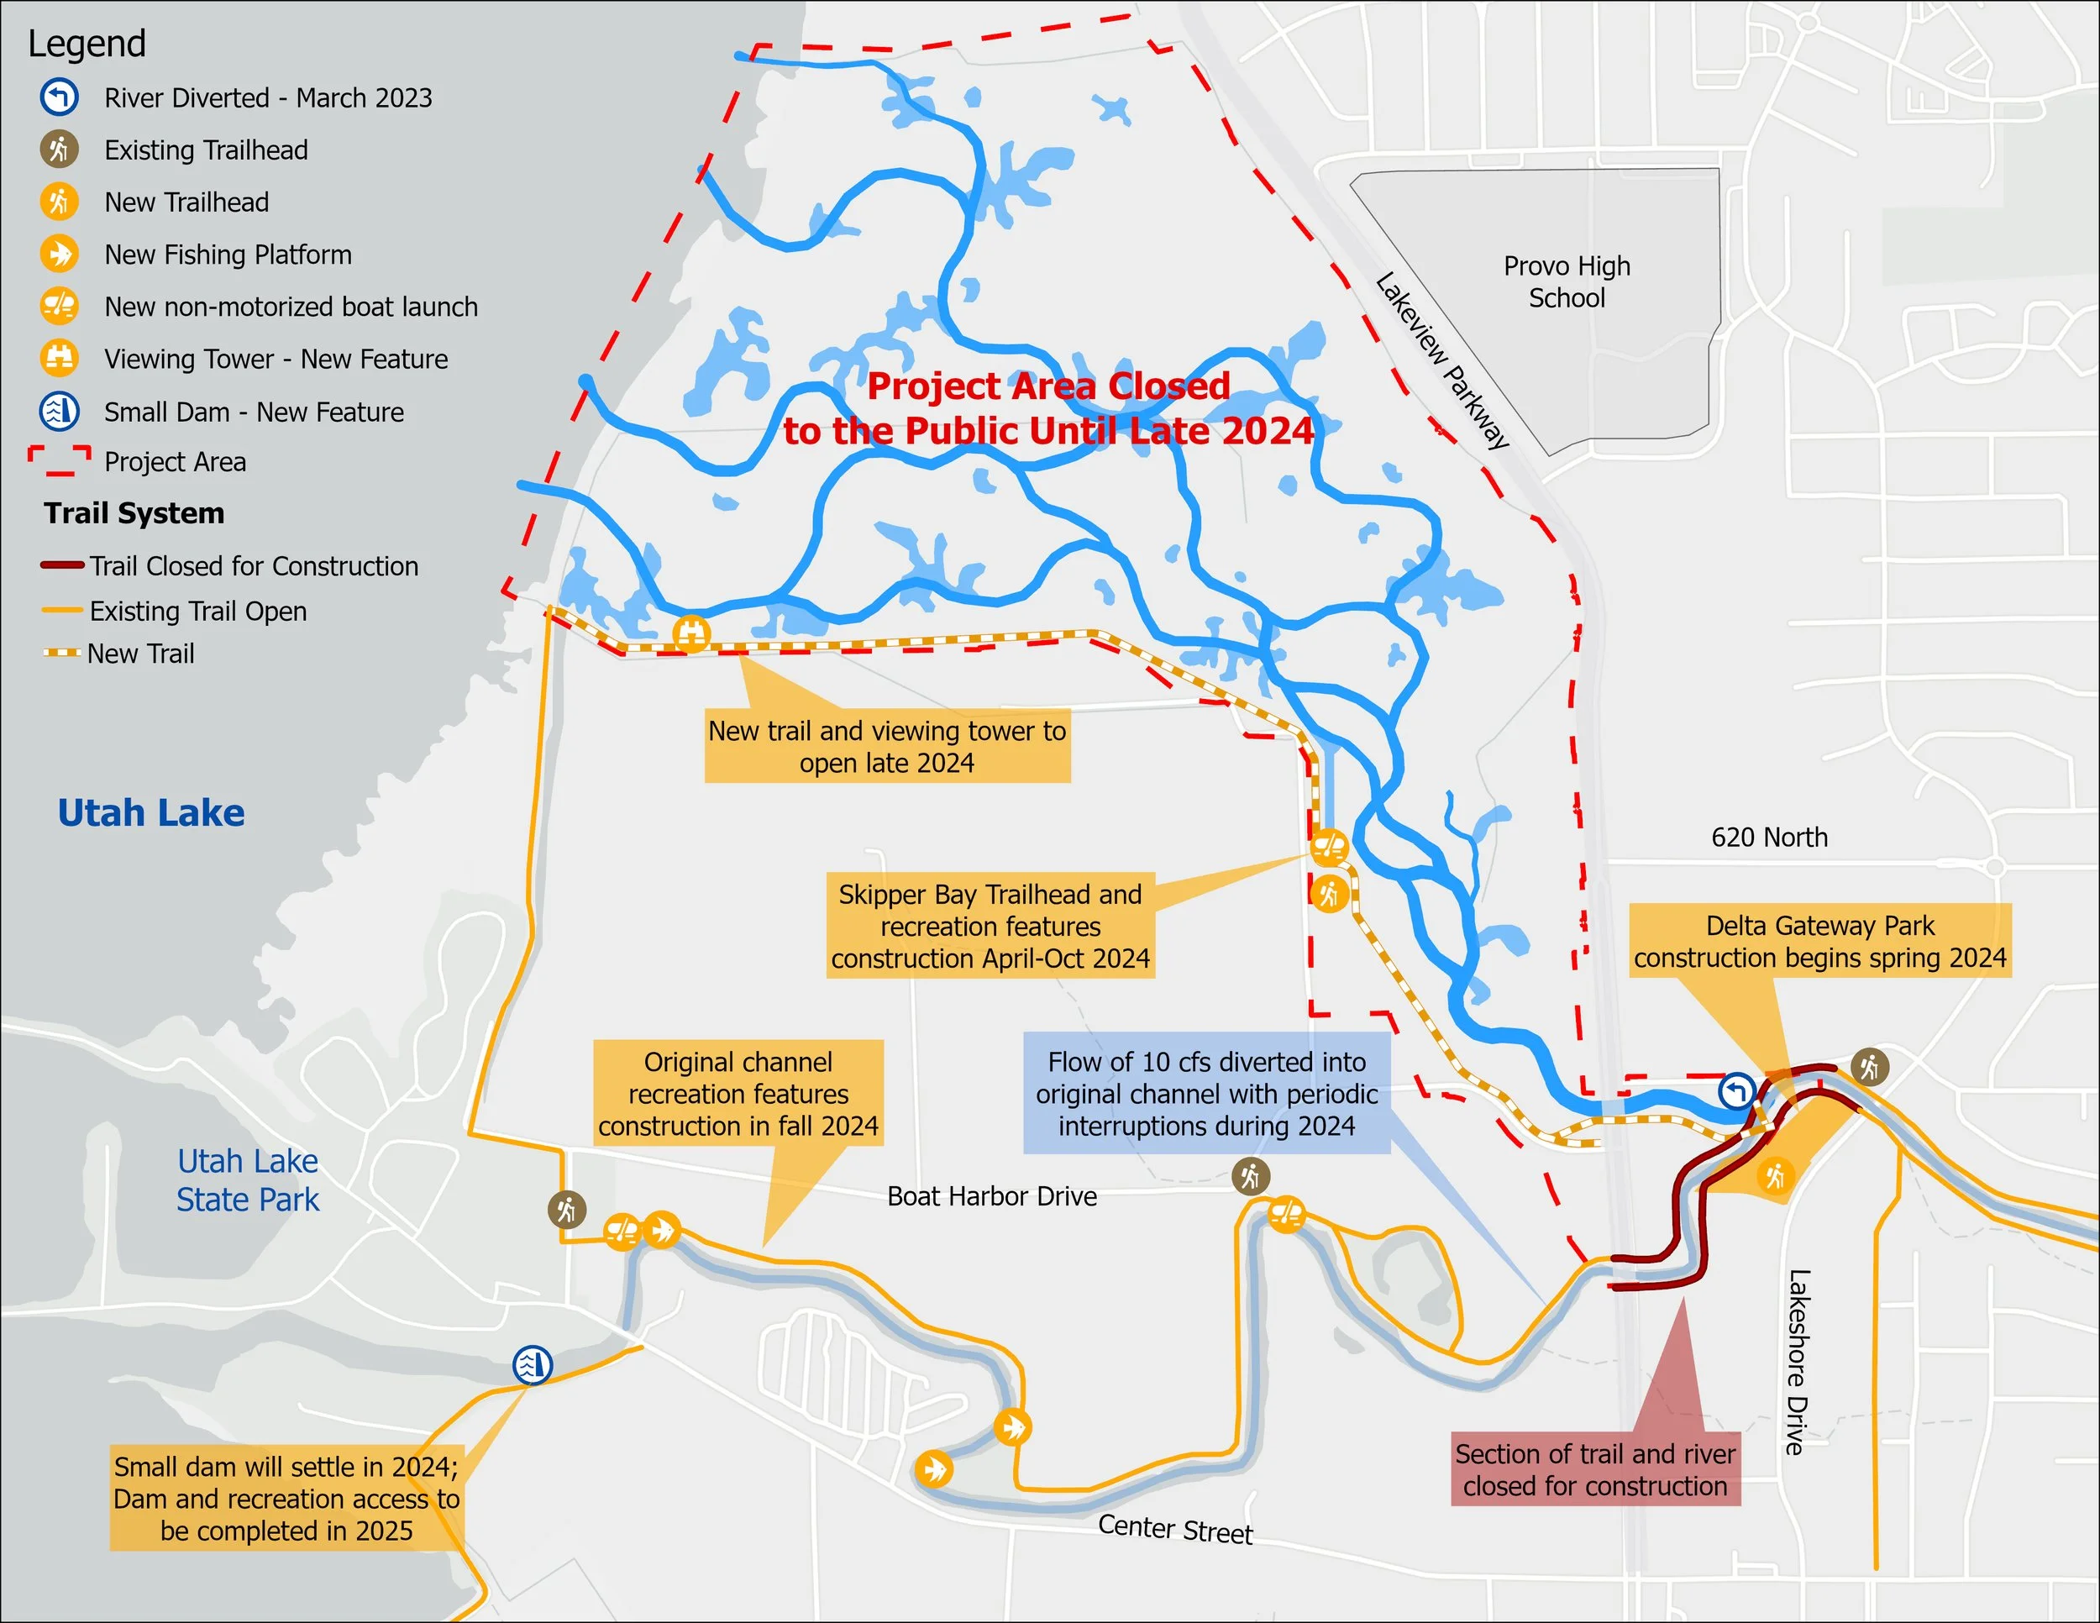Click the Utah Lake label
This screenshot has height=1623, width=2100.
pyautogui.click(x=151, y=813)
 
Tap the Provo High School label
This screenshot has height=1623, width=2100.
pyautogui.click(x=1567, y=281)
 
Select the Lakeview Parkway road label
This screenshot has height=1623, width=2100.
pyautogui.click(x=1441, y=360)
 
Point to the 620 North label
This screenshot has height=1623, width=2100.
pyautogui.click(x=1768, y=838)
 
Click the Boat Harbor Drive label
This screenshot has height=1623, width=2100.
pyautogui.click(x=991, y=1196)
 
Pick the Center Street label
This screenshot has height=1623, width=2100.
pyautogui.click(x=1175, y=1529)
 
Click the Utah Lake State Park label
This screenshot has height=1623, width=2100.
pyautogui.click(x=247, y=1179)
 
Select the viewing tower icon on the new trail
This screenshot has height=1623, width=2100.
pyautogui.click(x=691, y=633)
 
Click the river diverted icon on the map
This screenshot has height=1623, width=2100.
pyautogui.click(x=1736, y=1091)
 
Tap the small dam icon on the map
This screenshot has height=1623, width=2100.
pyautogui.click(x=532, y=1364)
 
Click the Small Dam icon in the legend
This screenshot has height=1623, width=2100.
pyautogui.click(x=59, y=412)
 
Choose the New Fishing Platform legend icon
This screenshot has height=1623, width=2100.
pyautogui.click(x=59, y=255)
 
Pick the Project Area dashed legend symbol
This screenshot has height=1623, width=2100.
pyautogui.click(x=60, y=461)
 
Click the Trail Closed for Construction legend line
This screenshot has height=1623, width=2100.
pyautogui.click(x=62, y=565)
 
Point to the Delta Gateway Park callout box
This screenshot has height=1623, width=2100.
pyautogui.click(x=1819, y=942)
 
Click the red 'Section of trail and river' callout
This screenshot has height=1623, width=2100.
pyautogui.click(x=1595, y=1469)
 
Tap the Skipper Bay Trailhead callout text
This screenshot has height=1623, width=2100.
pyautogui.click(x=990, y=926)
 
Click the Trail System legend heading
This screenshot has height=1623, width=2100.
pyautogui.click(x=134, y=513)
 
